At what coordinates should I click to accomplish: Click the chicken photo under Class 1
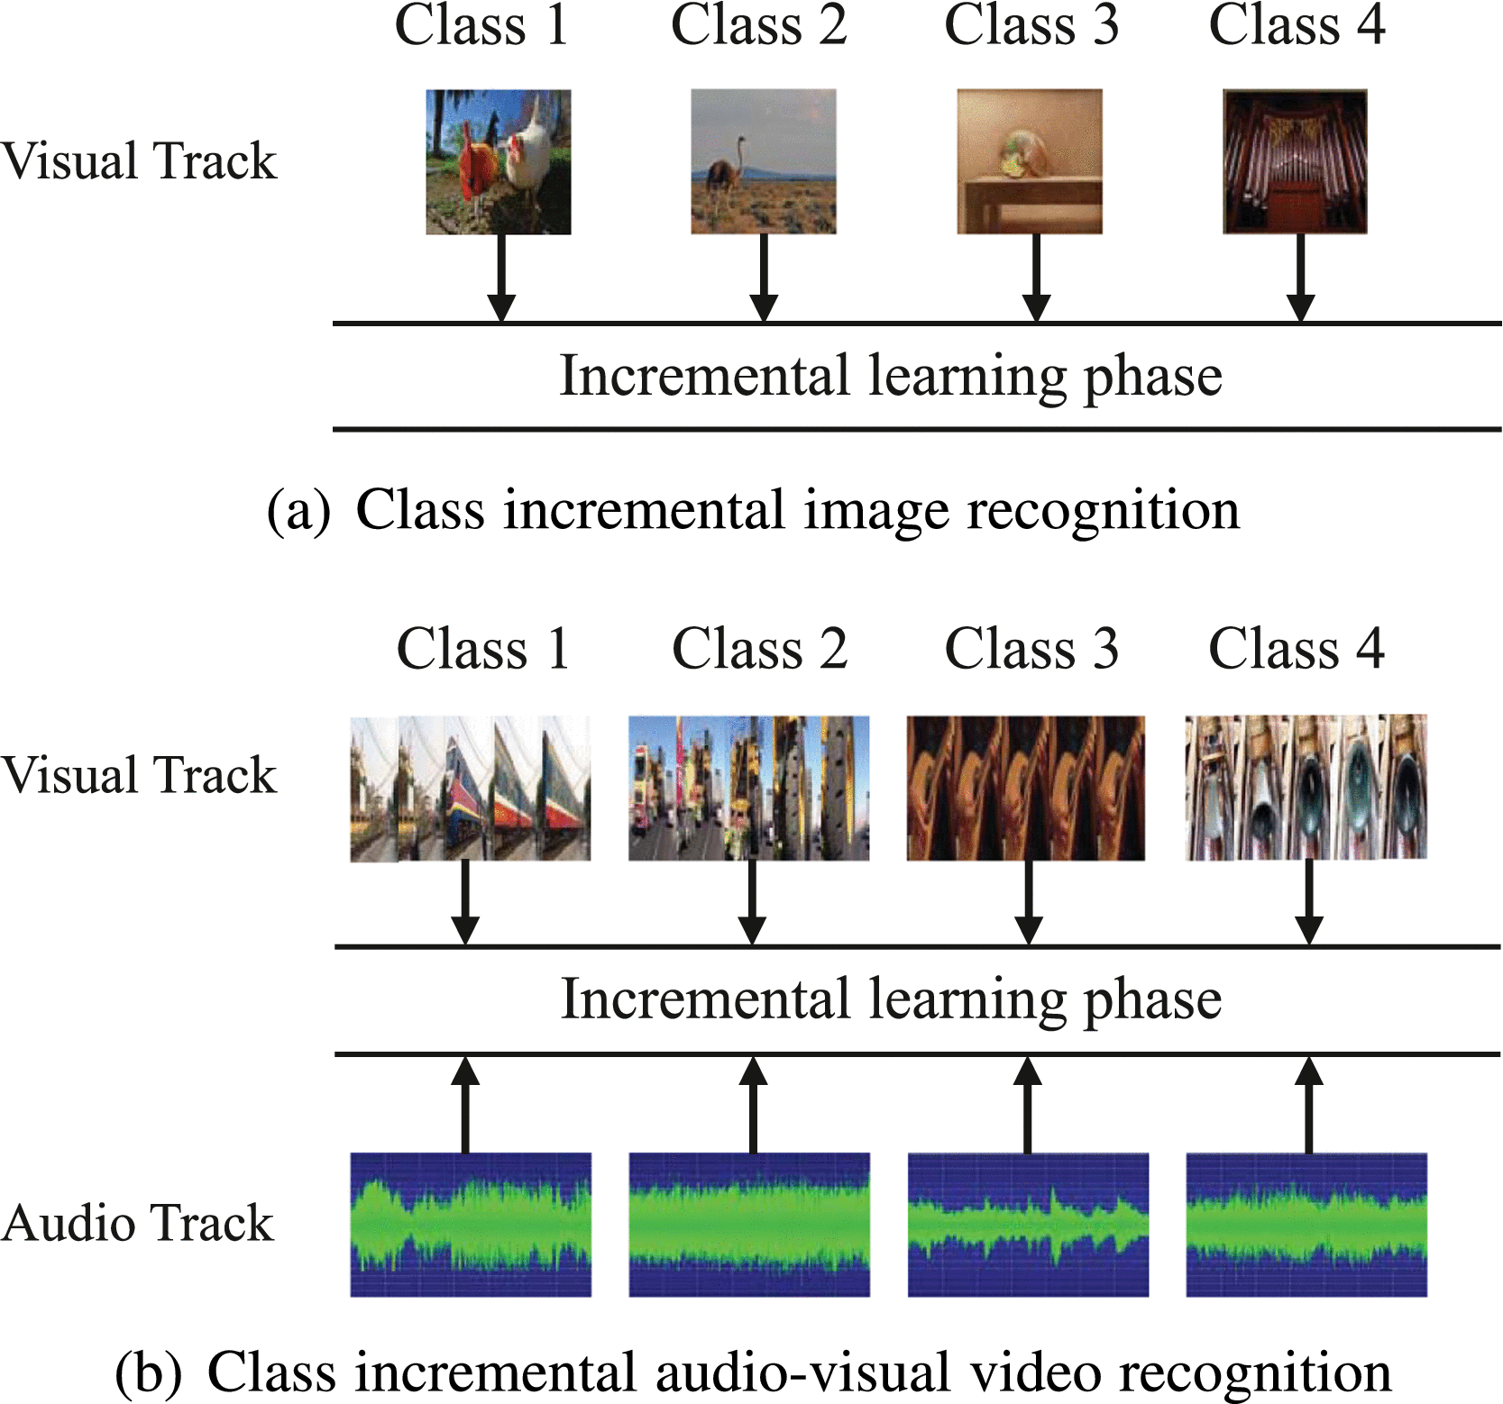tap(498, 161)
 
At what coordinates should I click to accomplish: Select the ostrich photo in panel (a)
tap(763, 161)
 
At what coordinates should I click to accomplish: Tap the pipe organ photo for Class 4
tap(1295, 161)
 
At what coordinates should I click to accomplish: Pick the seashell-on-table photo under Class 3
tap(1029, 161)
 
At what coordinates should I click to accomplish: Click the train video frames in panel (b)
tap(470, 788)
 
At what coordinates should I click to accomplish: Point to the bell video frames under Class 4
tap(1306, 787)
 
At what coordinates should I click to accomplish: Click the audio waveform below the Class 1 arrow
tap(470, 1225)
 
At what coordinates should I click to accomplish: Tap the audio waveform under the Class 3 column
tap(1028, 1225)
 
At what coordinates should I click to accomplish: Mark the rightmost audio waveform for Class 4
tap(1306, 1225)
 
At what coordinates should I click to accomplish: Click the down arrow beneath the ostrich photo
tap(764, 276)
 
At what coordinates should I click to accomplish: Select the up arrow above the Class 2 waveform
tap(753, 1105)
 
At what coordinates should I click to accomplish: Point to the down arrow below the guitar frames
tap(1028, 901)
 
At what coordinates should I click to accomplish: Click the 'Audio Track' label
tap(137, 1224)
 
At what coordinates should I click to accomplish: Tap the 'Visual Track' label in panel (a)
tap(138, 161)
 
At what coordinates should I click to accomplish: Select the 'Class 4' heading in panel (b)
tap(1296, 649)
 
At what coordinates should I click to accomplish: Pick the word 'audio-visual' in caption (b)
tap(802, 1372)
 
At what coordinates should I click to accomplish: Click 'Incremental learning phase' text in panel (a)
tap(891, 376)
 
